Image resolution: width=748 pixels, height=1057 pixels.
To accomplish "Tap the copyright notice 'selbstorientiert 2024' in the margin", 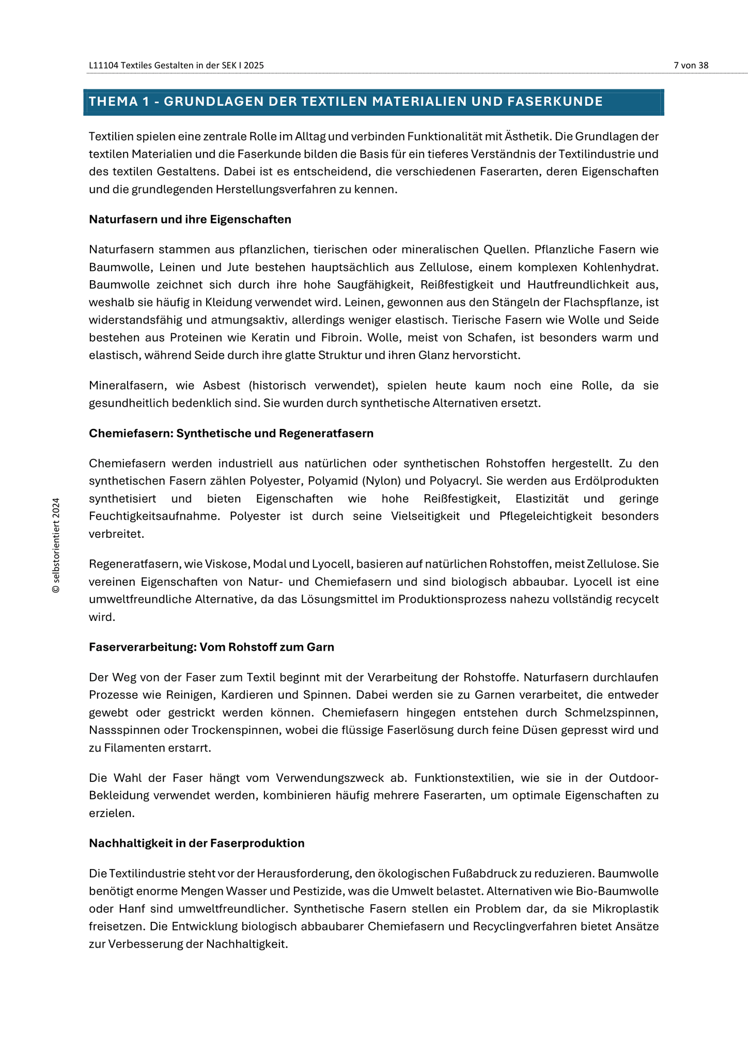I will pos(56,545).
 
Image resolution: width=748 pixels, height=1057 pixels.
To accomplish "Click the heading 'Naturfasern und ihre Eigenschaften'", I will pos(190,219).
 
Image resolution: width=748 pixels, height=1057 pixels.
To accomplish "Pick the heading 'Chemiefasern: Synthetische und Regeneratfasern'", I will pos(231,433).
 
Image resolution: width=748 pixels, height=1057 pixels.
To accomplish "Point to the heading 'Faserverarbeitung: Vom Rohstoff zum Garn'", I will pos(211,647).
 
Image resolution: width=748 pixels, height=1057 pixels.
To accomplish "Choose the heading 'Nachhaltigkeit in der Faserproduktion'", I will pos(197,843).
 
